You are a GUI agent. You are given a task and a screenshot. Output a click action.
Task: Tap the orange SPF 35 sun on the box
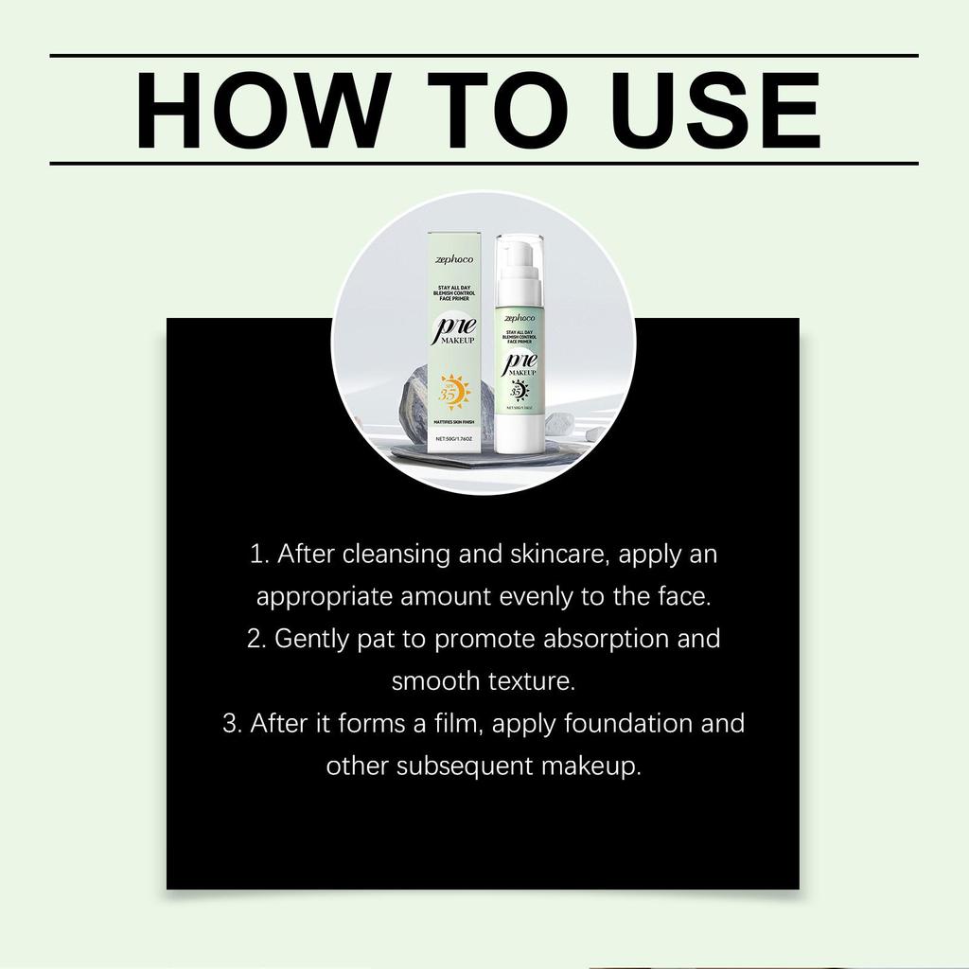(453, 391)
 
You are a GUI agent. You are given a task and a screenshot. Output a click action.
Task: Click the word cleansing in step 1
(397, 555)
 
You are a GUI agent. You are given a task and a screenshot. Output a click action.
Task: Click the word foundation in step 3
(630, 724)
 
